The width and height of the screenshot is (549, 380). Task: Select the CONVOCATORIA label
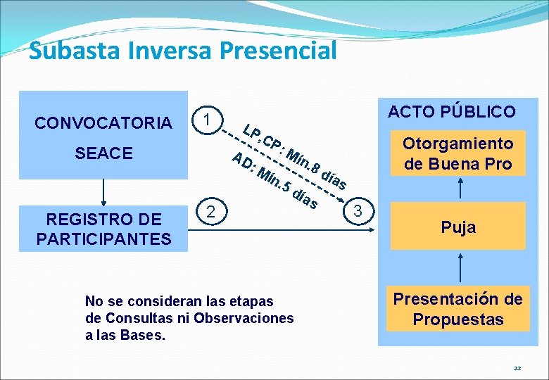103,123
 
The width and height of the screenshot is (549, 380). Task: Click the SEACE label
103,153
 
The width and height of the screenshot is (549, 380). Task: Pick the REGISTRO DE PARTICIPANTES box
103,229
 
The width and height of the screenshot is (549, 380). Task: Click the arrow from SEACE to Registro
103,192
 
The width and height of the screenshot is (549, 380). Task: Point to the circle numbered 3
359,210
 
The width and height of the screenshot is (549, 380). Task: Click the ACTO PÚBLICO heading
451,111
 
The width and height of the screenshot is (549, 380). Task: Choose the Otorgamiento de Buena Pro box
458,153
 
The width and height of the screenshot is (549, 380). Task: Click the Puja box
458,227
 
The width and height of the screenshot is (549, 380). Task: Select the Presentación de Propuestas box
458,309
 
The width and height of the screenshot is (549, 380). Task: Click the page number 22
517,368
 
